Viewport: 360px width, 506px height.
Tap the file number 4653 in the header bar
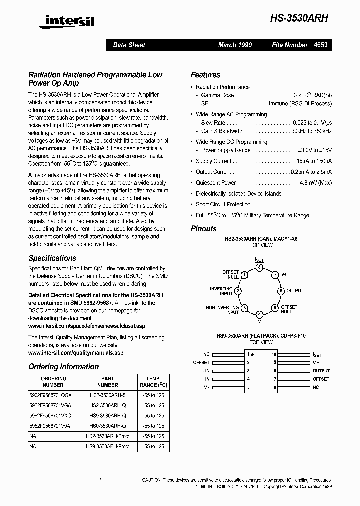pyautogui.click(x=320, y=45)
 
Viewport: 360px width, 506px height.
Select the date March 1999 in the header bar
pyautogui.click(x=235, y=45)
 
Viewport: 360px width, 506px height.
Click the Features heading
pyautogui.click(x=205, y=75)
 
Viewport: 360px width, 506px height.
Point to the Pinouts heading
pyautogui.click(x=204, y=229)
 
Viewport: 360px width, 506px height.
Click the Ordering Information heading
pyautogui.click(x=63, y=367)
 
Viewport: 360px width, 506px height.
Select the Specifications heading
pyautogui.click(x=52, y=258)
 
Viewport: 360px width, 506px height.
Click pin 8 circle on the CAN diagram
pyautogui.click(x=259, y=267)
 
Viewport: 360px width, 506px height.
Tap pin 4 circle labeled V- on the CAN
pyautogui.click(x=259, y=314)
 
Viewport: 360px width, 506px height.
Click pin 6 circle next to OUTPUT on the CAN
pyautogui.click(x=281, y=291)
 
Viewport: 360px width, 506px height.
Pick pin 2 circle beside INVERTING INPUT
pyautogui.click(x=238, y=291)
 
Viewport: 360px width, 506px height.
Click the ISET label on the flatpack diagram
pyautogui.click(x=317, y=354)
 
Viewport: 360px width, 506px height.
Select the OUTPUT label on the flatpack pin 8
pyautogui.click(x=321, y=371)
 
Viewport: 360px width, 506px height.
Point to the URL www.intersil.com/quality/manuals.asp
pyautogui.click(x=76, y=353)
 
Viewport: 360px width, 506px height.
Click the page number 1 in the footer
pyautogui.click(x=100, y=480)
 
